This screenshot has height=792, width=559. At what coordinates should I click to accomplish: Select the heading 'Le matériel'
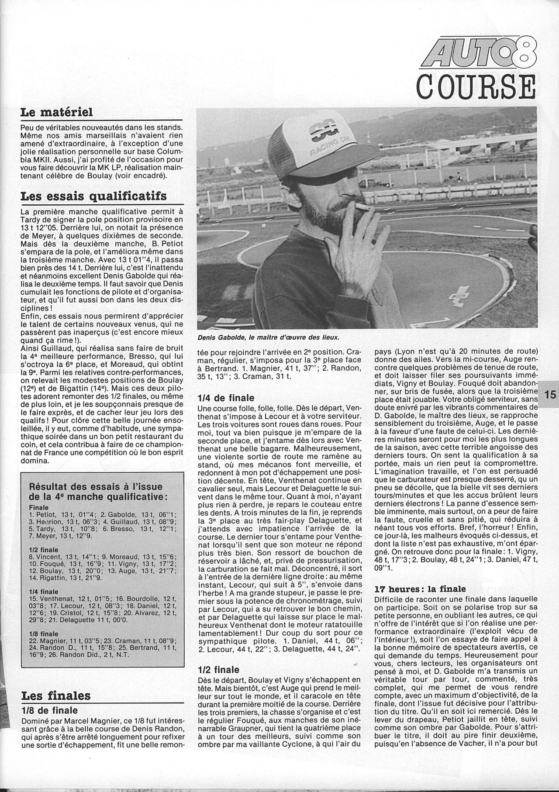click(56, 113)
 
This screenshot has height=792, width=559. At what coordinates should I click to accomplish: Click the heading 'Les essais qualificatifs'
click(93, 196)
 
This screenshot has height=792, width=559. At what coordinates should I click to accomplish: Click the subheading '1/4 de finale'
click(226, 398)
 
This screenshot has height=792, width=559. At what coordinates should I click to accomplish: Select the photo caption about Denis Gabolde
click(269, 337)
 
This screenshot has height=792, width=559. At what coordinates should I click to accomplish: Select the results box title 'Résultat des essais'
click(96, 491)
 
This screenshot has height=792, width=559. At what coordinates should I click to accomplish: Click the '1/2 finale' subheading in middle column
click(218, 670)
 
